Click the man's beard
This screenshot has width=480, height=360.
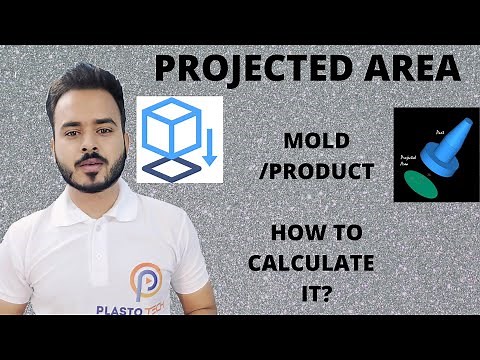91,184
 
